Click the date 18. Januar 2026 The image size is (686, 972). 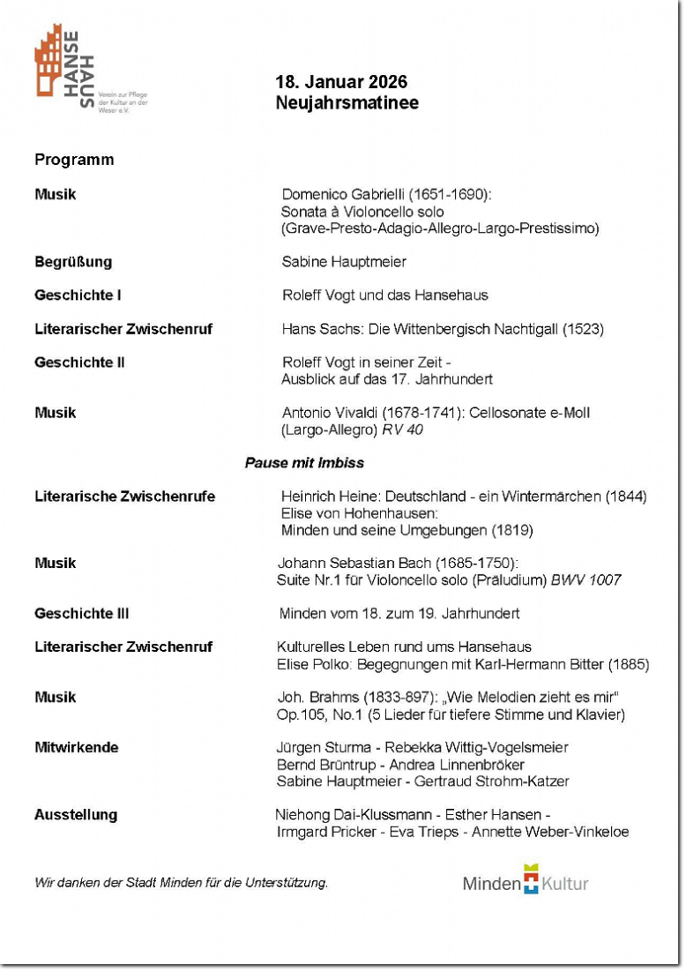(x=341, y=82)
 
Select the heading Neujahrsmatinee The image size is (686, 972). (x=347, y=103)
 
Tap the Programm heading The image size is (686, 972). (x=74, y=160)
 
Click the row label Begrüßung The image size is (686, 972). (x=73, y=262)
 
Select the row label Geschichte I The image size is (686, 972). (x=78, y=295)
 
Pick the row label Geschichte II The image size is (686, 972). (x=79, y=363)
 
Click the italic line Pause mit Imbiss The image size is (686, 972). (x=304, y=463)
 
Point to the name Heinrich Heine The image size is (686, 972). (x=327, y=497)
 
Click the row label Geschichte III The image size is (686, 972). (x=81, y=614)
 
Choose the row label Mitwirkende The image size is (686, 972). (x=76, y=748)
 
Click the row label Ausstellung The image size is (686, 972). (x=76, y=815)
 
